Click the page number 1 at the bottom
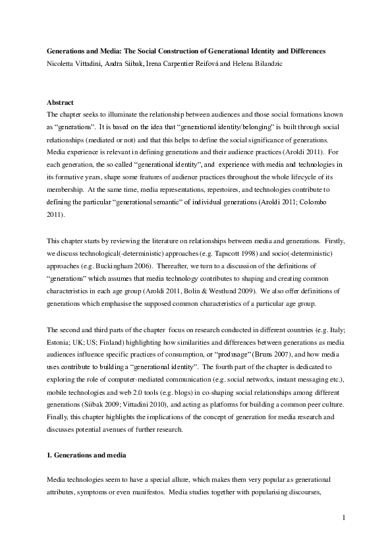(344, 517)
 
